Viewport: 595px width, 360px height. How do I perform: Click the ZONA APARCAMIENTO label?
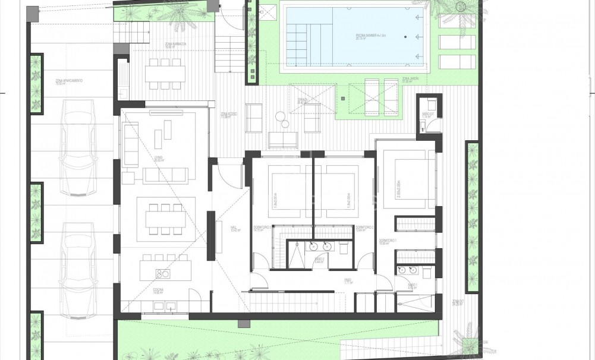[68, 81]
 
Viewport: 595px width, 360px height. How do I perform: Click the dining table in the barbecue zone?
[165, 72]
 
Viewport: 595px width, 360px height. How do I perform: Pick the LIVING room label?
[158, 159]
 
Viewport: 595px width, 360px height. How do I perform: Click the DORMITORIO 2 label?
[363, 228]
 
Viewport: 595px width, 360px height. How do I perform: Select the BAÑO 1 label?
[412, 286]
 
